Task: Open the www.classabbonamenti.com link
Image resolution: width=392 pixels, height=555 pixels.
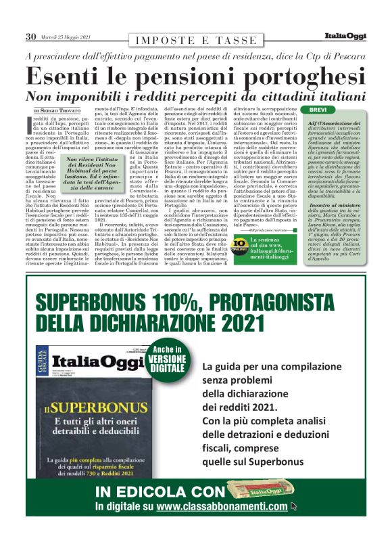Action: click(x=222, y=506)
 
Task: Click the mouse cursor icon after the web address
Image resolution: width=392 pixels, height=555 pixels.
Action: click(x=293, y=506)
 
